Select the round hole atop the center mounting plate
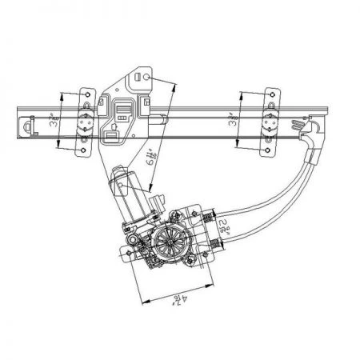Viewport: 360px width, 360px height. pos(139,76)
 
